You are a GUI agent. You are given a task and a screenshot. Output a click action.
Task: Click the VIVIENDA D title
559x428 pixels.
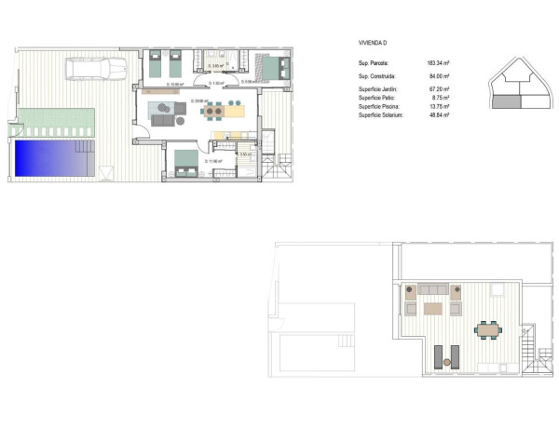tap(373, 43)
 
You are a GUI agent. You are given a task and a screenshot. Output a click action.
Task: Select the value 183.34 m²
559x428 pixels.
tap(436, 62)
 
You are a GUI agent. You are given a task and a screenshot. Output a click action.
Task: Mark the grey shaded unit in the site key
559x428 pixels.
tap(507, 100)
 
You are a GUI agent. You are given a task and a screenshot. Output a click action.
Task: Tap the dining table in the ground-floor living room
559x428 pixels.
tap(215, 111)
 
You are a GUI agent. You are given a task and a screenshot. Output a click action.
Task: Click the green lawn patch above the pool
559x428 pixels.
tap(56, 119)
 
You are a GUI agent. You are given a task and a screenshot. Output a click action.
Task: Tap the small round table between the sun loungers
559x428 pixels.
tap(449, 360)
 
